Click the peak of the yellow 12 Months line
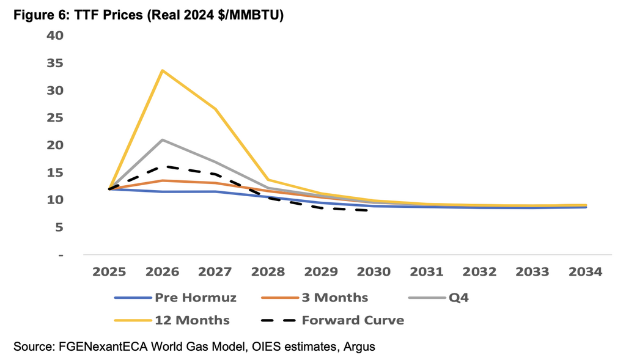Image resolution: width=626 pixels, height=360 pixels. [162, 70]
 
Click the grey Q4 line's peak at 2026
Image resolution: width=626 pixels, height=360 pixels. [162, 140]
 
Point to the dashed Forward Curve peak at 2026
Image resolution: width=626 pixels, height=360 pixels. [162, 166]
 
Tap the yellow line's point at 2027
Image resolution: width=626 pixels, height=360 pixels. [215, 109]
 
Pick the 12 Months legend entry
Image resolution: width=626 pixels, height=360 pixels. [172, 320]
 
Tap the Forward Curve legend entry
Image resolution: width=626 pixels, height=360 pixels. [333, 320]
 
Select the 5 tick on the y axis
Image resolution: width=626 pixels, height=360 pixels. [59, 227]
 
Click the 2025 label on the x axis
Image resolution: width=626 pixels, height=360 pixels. [109, 272]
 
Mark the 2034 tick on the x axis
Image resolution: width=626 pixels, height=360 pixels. [585, 272]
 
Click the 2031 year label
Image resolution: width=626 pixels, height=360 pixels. [426, 272]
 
